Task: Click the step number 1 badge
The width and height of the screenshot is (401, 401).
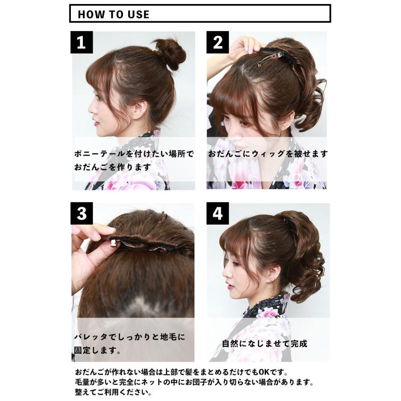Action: pos(82,42)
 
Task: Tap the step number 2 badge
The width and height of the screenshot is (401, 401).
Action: pos(217,42)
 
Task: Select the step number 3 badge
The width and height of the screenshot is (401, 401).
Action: pos(82,213)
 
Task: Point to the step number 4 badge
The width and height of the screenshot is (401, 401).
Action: pos(217,213)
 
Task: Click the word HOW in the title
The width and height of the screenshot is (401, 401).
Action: pos(91,14)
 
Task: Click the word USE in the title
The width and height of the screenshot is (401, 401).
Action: pos(139,14)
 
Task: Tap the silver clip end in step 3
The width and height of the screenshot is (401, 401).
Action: pos(113,242)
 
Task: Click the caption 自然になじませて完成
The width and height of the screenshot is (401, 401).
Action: pos(264,344)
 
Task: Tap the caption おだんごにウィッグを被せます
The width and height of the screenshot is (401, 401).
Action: pos(268,154)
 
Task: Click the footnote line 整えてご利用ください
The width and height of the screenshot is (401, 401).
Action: pos(113,392)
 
